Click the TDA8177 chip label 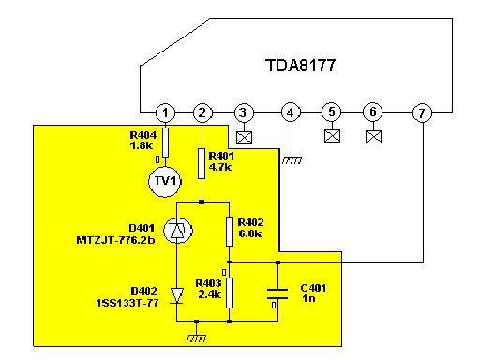[301, 66]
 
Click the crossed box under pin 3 [244, 138]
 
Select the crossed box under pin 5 [332, 136]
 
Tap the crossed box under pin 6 [373, 137]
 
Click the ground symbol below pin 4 [292, 160]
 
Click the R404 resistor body [166, 142]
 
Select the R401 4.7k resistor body [202, 164]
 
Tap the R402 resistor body [230, 232]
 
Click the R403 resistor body [230, 292]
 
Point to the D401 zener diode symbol [178, 231]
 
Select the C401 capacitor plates [277, 294]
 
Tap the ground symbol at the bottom [196, 338]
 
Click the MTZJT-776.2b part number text [115, 240]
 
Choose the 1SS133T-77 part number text [127, 303]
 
